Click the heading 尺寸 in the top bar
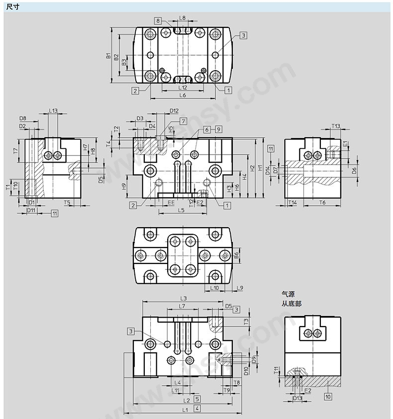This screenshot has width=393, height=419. [12, 6]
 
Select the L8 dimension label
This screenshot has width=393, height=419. [182, 18]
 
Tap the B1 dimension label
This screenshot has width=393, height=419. [108, 56]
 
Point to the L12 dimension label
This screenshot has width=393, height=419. [183, 87]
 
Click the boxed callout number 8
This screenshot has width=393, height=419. [158, 20]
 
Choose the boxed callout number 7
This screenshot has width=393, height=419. [183, 121]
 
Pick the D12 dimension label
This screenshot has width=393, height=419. [174, 111]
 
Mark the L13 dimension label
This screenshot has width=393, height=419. [53, 111]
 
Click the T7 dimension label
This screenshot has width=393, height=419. [15, 151]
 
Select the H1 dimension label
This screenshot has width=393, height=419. [260, 168]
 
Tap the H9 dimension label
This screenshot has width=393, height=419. [124, 186]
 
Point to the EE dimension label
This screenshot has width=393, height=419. [171, 203]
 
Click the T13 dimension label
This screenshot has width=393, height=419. [336, 126]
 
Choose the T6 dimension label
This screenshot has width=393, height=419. [322, 203]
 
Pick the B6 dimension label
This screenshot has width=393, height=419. [236, 255]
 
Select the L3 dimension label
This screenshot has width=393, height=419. [183, 298]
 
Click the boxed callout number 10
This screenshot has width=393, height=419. [328, 397]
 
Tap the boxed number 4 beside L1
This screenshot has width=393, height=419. [197, 408]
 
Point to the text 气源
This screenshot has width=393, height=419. [288, 294]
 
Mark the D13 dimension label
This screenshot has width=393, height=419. [297, 399]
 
